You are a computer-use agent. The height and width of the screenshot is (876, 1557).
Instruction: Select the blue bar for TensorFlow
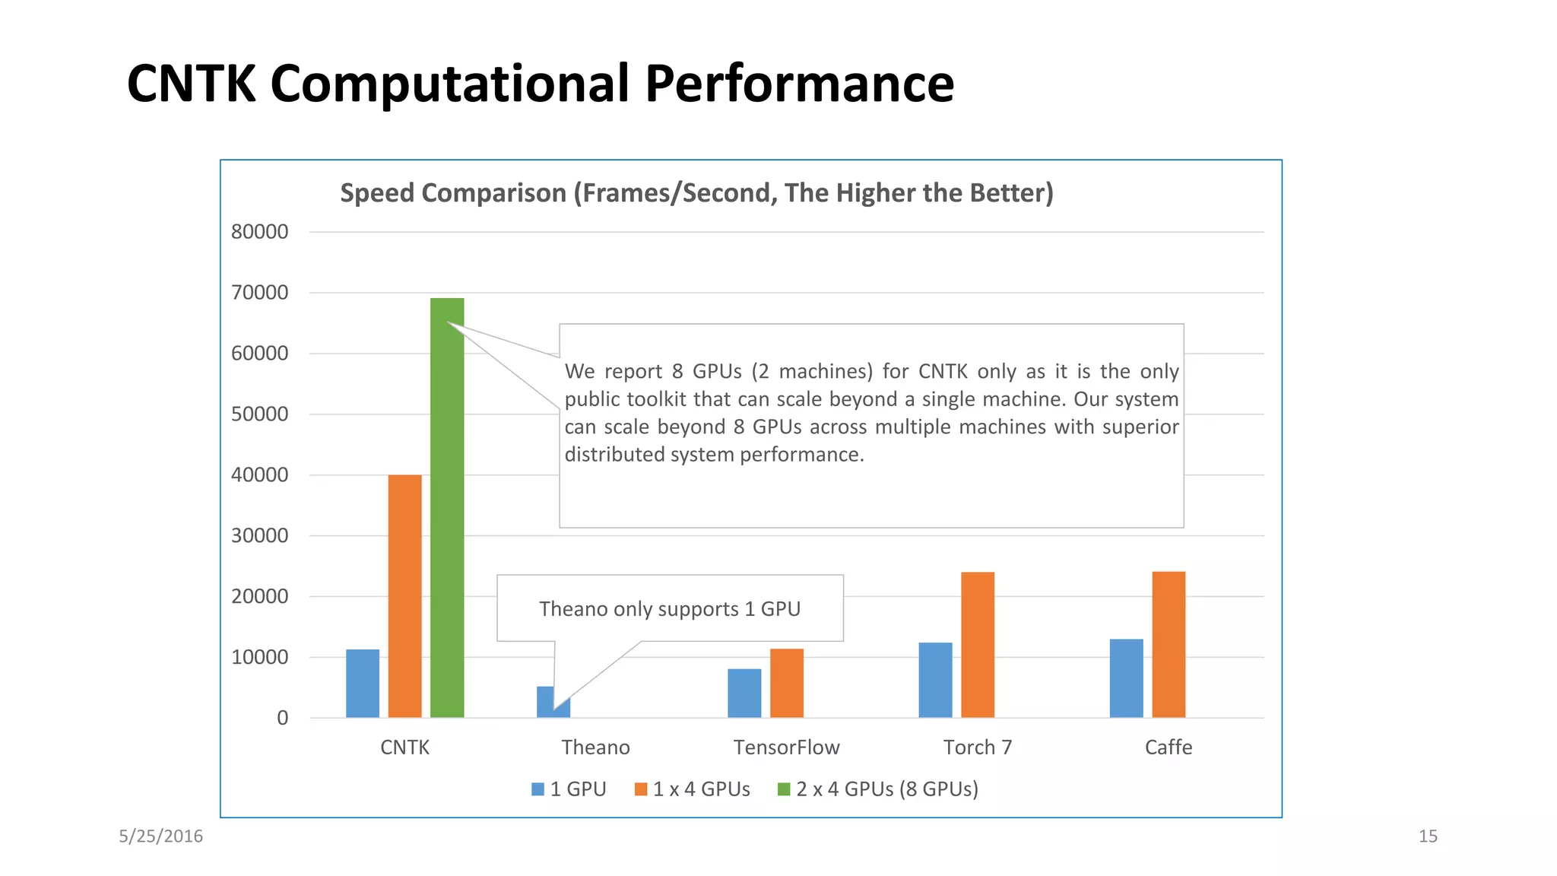(744, 693)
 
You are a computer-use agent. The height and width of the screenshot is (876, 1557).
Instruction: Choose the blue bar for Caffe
(1126, 678)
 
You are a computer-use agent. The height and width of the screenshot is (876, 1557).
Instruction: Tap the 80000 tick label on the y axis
(260, 232)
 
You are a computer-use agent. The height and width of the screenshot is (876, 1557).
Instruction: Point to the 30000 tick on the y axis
(260, 535)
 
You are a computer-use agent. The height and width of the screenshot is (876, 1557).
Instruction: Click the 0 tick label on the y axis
(282, 718)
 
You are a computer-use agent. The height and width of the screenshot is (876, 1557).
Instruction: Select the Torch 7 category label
(978, 747)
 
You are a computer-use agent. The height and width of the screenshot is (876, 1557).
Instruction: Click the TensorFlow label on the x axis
(786, 747)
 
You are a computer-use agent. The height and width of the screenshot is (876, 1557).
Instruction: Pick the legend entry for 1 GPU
(569, 789)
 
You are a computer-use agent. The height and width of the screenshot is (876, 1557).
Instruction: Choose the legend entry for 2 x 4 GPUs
(878, 789)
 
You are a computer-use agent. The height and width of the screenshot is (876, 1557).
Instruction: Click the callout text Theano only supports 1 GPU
(670, 609)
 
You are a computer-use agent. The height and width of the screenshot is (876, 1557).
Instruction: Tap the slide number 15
(1428, 836)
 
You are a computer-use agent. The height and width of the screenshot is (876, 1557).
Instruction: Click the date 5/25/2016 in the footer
(160, 836)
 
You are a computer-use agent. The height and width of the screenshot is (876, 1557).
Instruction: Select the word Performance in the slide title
(799, 84)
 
